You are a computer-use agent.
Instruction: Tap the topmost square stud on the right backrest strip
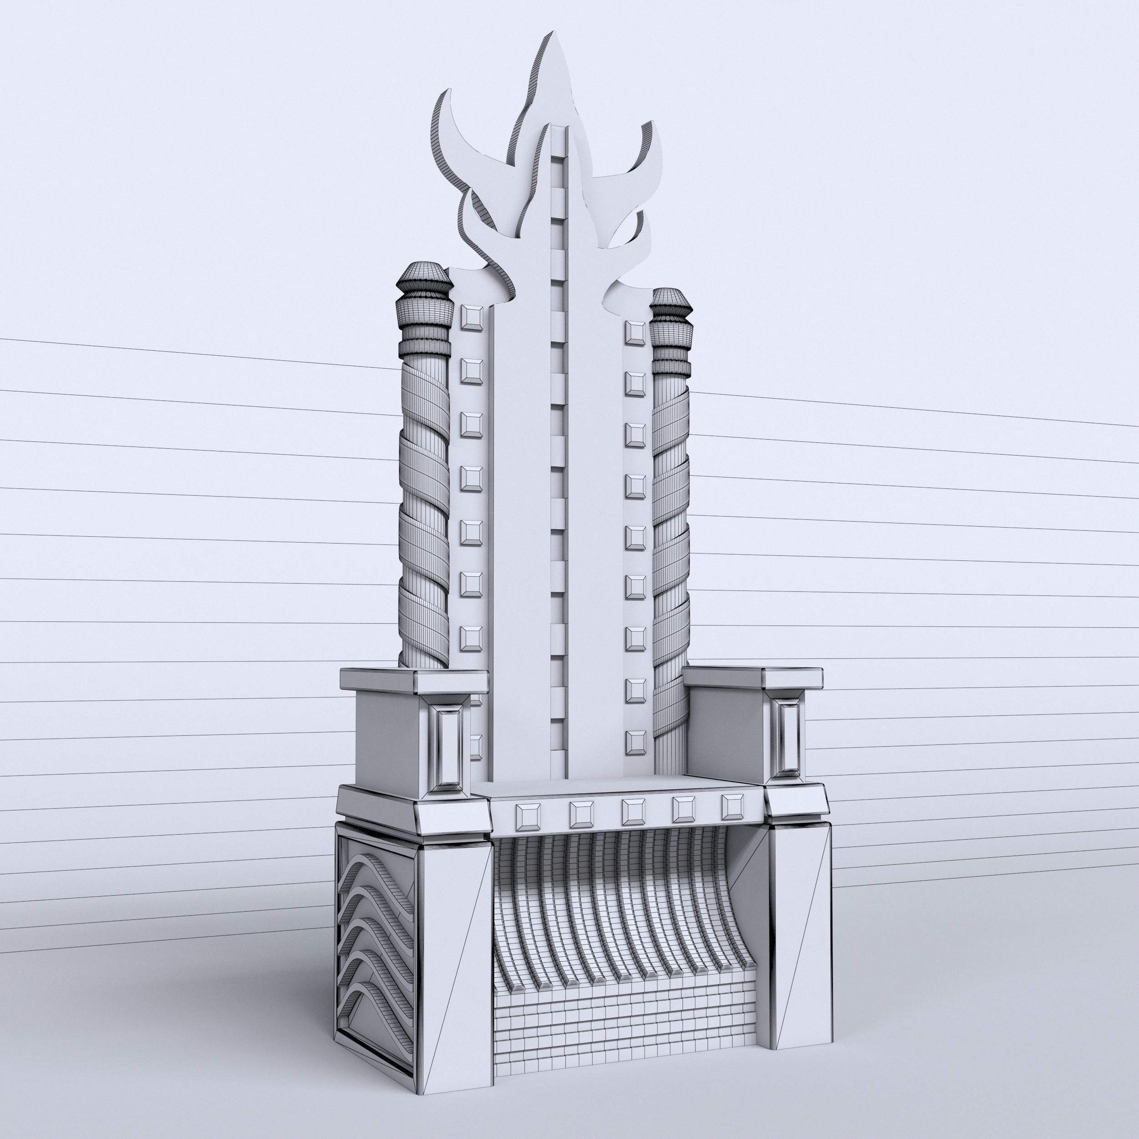[636, 333]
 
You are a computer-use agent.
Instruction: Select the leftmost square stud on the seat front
[528, 816]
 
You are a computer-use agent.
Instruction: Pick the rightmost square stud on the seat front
[733, 806]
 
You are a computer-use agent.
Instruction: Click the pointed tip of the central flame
[556, 41]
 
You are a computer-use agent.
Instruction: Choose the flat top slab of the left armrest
[413, 678]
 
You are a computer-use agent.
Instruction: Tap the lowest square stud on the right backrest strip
[636, 742]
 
